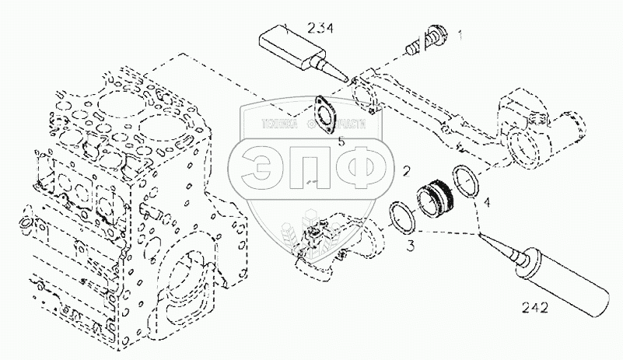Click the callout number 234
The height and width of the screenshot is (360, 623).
[x=320, y=30]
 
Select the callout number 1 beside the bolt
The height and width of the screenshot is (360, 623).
[x=460, y=34]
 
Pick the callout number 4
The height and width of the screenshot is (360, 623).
[x=488, y=204]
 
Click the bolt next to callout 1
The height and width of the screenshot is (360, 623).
[x=430, y=37]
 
